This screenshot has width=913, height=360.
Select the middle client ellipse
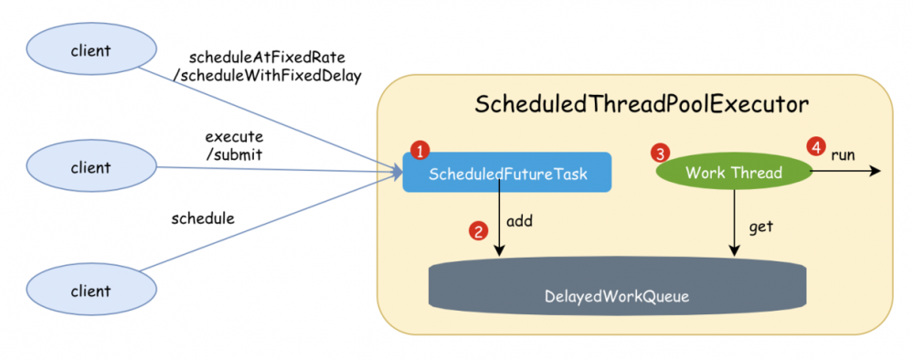[x=90, y=167]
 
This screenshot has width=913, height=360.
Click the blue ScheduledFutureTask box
[x=506, y=173]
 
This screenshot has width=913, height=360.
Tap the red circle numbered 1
[x=419, y=149]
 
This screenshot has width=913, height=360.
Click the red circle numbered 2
[x=477, y=231]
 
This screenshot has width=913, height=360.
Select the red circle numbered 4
[x=815, y=146]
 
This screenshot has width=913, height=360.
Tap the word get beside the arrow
[x=761, y=226]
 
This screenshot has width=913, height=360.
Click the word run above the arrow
[x=843, y=154]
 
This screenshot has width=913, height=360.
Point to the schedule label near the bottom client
[x=203, y=218]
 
